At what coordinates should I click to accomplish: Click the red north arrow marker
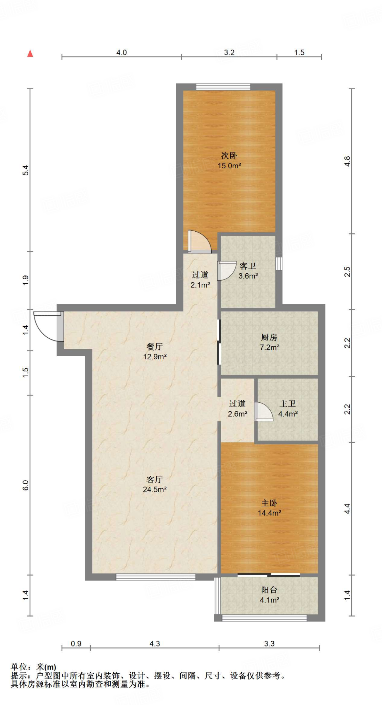point(30,53)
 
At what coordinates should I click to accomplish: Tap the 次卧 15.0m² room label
point(229,160)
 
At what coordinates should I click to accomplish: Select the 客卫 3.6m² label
point(248,271)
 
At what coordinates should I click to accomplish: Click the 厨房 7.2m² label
point(269,342)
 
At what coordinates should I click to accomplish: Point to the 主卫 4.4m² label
point(288,409)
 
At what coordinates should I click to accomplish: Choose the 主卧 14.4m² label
point(269,508)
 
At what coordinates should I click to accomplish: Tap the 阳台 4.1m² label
point(269,595)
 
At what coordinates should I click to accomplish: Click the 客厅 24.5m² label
point(155,484)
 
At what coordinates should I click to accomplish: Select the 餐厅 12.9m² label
point(155,351)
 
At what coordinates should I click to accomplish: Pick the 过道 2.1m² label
point(200,280)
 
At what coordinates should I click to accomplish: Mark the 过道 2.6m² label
point(238,409)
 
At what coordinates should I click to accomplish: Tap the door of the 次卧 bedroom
point(200,242)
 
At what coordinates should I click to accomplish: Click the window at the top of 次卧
point(223,87)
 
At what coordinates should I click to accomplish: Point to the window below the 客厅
point(155,577)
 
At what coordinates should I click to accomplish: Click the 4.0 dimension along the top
point(121,52)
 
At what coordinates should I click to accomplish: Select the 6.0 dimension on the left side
point(26,485)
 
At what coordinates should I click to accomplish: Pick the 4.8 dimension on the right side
point(347,161)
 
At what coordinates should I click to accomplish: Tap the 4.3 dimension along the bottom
point(155,643)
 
